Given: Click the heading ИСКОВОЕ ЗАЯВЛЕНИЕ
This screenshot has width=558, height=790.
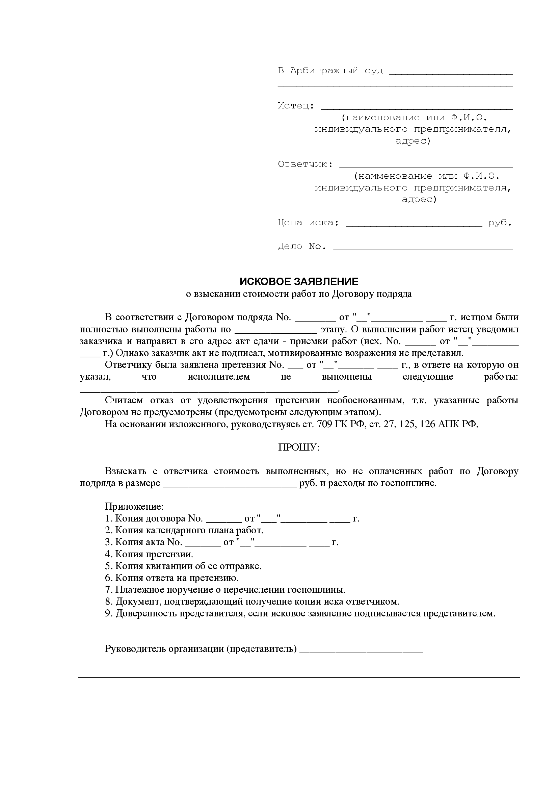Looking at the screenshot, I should click(x=299, y=282).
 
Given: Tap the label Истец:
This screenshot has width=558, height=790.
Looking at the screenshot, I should click(x=296, y=106).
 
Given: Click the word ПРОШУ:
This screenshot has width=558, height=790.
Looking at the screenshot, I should click(x=299, y=448).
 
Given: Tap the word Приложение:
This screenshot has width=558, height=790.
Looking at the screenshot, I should click(x=134, y=507).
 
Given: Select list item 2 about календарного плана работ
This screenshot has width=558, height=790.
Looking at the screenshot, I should click(x=184, y=530).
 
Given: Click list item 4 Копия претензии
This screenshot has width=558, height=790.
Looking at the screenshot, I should click(x=149, y=554).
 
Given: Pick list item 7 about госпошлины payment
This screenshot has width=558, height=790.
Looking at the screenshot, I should click(x=225, y=590).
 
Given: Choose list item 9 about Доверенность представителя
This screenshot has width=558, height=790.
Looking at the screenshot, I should click(x=300, y=613).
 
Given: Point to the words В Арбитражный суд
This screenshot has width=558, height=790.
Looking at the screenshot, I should click(x=330, y=71).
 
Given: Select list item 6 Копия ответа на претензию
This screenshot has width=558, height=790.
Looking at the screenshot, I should click(x=171, y=578).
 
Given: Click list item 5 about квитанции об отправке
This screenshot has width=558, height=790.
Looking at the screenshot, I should click(x=183, y=566).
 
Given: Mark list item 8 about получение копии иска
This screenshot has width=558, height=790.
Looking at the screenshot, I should click(x=252, y=602).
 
